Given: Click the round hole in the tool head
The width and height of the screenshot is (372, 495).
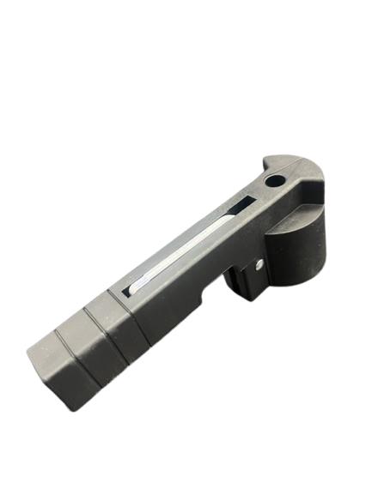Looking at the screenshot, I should click(274, 182).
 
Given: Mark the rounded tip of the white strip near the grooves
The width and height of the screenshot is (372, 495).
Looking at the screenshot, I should click(133, 286).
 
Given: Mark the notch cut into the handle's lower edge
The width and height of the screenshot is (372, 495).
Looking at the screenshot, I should click(211, 293).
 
